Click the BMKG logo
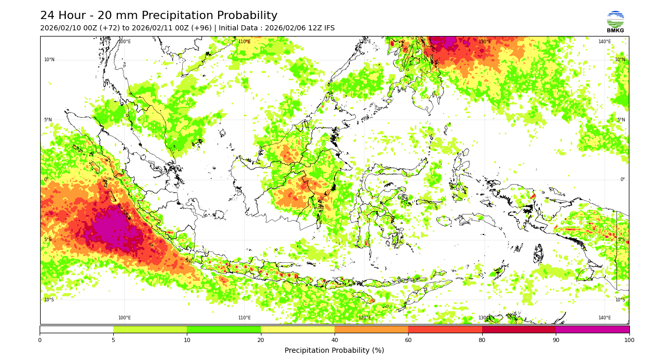click(615, 22)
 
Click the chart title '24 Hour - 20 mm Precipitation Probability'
click(159, 16)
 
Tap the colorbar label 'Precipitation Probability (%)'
click(334, 350)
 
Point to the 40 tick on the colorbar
click(334, 339)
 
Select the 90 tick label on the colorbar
click(556, 339)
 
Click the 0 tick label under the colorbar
click(40, 339)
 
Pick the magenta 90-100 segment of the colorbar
click(592, 329)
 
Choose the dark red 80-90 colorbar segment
click(519, 329)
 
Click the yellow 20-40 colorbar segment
click(297, 329)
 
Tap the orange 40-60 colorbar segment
click(371, 329)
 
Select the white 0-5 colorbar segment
click(76, 329)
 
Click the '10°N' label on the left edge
click(49, 60)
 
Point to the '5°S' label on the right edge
click(621, 240)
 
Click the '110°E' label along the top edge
click(244, 42)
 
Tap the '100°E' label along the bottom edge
click(125, 318)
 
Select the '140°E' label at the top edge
click(605, 42)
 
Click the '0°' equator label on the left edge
click(46, 179)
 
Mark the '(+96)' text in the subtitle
click(201, 28)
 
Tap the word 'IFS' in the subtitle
click(328, 28)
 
